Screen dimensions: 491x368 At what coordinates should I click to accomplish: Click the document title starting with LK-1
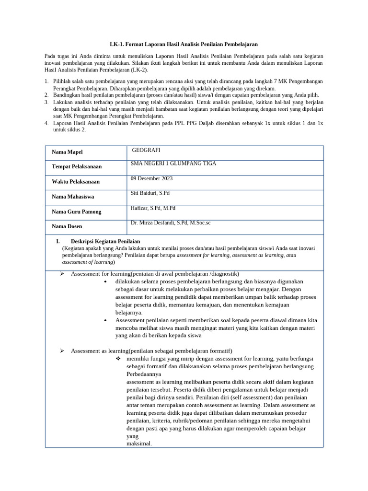184,44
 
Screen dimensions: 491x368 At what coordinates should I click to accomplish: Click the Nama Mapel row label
67,152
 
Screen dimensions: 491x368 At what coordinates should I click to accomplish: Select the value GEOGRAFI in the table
146,150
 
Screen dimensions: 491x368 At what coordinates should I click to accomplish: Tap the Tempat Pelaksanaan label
77,167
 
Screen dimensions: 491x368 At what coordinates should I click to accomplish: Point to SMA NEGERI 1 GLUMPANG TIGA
173,164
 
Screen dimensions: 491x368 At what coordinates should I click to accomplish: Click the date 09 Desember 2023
151,178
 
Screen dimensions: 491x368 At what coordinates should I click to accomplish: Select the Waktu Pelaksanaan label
76,182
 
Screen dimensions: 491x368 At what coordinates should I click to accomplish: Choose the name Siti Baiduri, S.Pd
150,193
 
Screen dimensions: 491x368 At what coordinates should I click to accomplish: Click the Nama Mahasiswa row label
73,197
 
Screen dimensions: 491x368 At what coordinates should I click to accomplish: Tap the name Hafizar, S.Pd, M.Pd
153,208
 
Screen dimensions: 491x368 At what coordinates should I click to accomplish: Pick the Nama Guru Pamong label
77,211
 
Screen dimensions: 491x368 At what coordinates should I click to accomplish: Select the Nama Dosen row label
67,226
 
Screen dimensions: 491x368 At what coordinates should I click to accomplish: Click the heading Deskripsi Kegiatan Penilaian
105,241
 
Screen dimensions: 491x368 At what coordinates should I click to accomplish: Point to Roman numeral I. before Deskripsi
58,241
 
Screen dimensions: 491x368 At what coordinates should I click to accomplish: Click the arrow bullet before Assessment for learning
62,274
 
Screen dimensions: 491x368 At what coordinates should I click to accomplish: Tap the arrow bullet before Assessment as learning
62,351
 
